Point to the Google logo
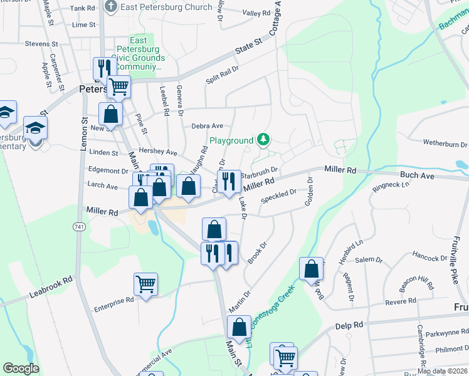21,368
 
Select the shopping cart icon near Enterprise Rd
145,284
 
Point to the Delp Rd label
349,325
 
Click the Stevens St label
41,44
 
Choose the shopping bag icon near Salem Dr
312,269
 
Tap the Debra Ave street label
208,126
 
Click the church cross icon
110,8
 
